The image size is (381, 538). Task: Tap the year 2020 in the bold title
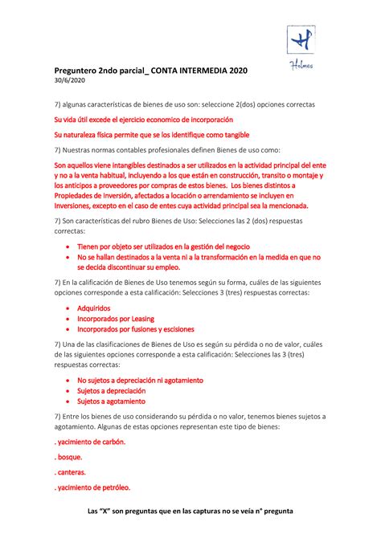pos(239,71)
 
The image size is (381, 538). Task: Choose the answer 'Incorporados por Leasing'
pos(121,319)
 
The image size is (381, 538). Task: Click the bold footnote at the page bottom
pos(190,512)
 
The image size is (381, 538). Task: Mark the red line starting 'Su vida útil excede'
pos(142,120)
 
